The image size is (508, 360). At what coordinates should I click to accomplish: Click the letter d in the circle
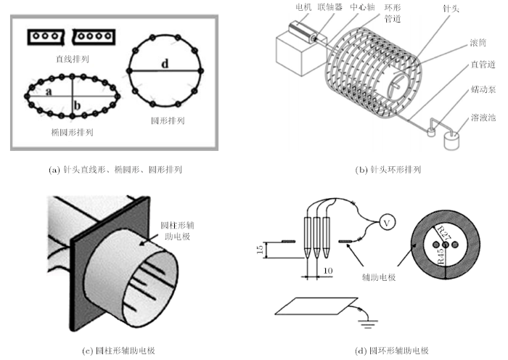(165, 64)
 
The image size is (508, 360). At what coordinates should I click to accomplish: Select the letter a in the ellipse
(47, 91)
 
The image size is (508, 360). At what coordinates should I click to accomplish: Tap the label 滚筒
(479, 44)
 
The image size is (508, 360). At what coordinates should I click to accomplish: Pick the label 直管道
(482, 65)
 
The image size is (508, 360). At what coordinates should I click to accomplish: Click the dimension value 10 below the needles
(328, 271)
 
